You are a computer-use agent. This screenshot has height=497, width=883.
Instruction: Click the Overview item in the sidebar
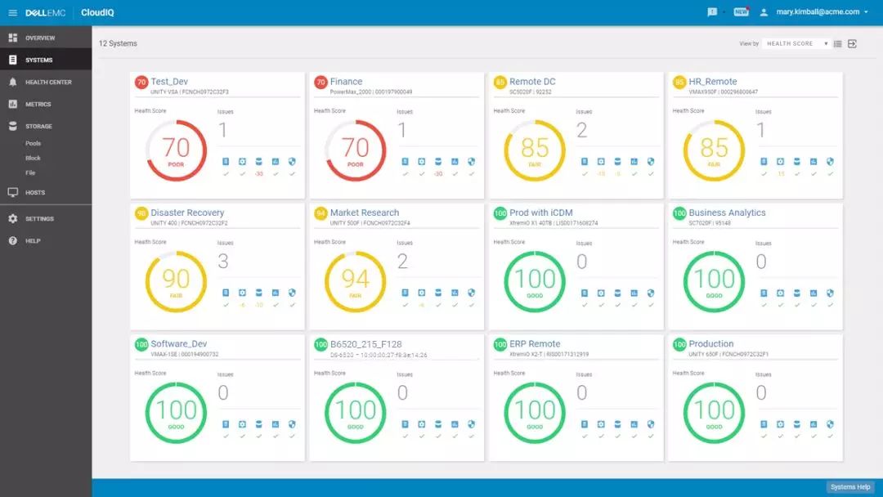pyautogui.click(x=39, y=38)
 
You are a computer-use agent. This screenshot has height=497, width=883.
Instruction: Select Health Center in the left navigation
pyautogui.click(x=48, y=83)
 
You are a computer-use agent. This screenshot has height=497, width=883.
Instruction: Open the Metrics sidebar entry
pyautogui.click(x=38, y=105)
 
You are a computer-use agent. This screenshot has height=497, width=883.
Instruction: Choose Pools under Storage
pyautogui.click(x=33, y=144)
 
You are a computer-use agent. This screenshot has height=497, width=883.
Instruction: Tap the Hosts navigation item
pyautogui.click(x=35, y=193)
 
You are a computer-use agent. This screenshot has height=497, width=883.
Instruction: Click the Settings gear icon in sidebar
pyautogui.click(x=13, y=219)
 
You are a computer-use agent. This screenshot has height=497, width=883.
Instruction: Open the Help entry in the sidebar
pyautogui.click(x=32, y=241)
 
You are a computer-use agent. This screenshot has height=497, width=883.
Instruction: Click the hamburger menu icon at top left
pyautogui.click(x=12, y=12)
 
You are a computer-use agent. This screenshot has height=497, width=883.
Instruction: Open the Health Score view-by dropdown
pyautogui.click(x=796, y=44)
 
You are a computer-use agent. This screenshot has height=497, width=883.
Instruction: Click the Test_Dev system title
pyautogui.click(x=169, y=82)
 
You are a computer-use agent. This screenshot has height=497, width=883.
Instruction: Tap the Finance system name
pyautogui.click(x=346, y=82)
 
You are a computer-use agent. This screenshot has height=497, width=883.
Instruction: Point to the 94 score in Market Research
pyautogui.click(x=355, y=279)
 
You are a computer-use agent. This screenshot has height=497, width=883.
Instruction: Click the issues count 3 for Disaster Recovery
pyautogui.click(x=223, y=262)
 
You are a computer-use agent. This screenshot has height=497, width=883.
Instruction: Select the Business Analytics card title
pyautogui.click(x=727, y=213)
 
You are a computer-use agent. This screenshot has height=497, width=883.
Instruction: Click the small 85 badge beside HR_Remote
pyautogui.click(x=679, y=82)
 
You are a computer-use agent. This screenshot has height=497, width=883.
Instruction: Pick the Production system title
pyautogui.click(x=710, y=344)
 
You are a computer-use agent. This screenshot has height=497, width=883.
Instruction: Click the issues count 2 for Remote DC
pyautogui.click(x=582, y=130)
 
